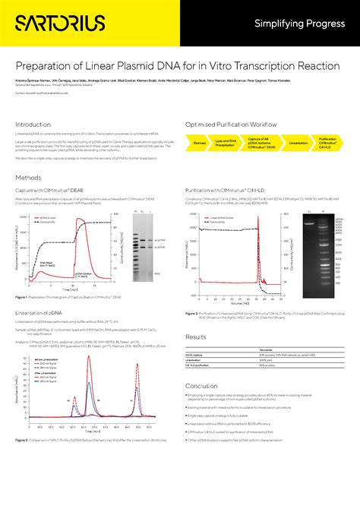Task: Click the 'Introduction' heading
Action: tap(33, 125)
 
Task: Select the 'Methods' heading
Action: tap(28, 177)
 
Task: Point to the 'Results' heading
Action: tap(196, 337)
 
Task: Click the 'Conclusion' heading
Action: tap(201, 386)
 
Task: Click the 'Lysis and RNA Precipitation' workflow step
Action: tap(225, 142)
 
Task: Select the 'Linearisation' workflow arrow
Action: tap(298, 142)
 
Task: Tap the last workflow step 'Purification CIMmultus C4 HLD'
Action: tap(328, 142)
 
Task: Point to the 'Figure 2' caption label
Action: tap(21, 462)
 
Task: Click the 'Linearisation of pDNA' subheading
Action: tap(39, 313)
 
